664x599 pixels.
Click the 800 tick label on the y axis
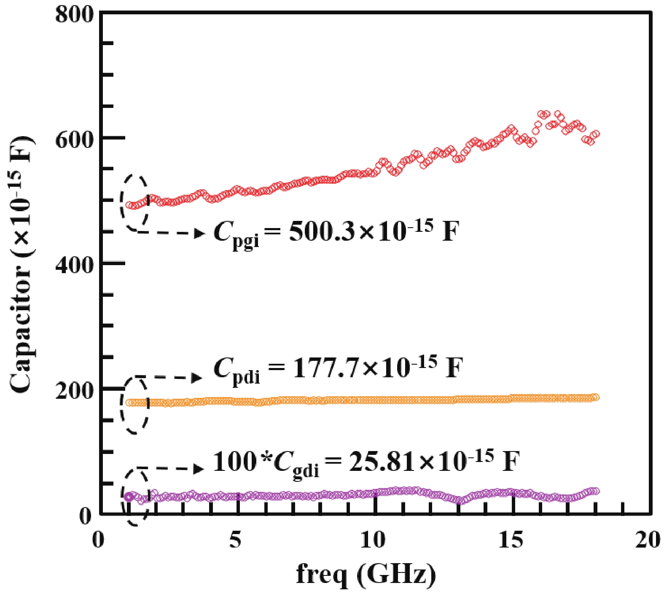pos(74,15)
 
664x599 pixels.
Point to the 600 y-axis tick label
pos(74,140)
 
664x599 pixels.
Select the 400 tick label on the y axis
pos(74,266)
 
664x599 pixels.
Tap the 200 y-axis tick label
pos(74,391)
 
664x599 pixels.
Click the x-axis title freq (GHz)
pos(366,574)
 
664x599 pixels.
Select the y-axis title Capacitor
pos(21,266)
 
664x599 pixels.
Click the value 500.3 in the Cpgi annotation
pos(322,232)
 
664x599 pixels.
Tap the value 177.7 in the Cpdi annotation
pos(325,368)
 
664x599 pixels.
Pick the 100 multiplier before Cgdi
pos(234,462)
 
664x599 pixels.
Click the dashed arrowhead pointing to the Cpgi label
pos(200,233)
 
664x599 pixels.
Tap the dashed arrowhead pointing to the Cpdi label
pos(197,378)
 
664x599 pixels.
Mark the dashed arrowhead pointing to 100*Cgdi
pos(199,469)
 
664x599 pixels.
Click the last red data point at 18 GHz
pos(595,134)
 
